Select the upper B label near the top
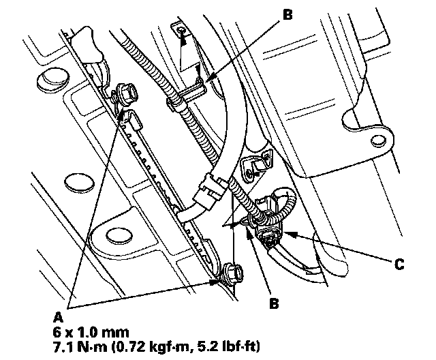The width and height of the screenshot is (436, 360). [x=286, y=13]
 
